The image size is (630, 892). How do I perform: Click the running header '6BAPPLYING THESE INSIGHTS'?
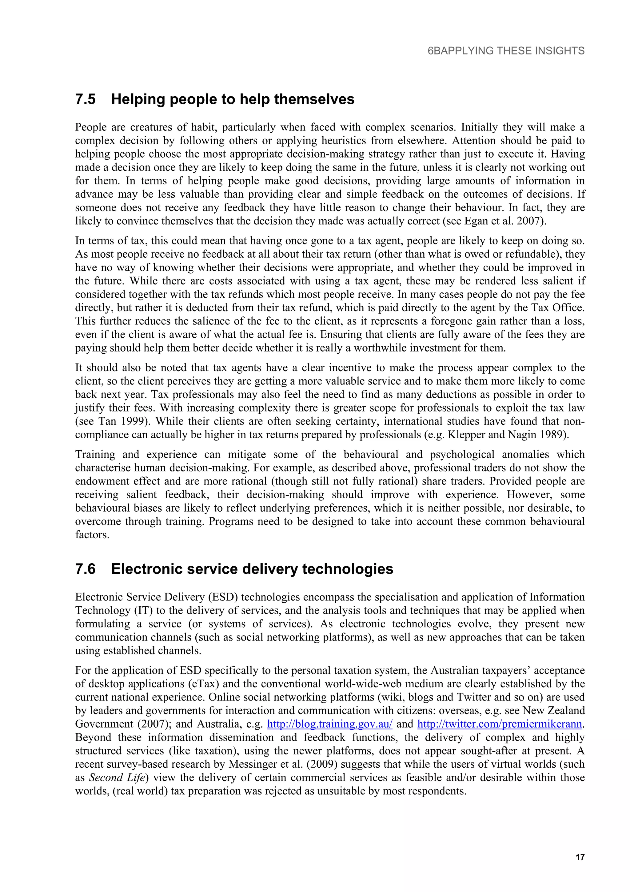pos(506,51)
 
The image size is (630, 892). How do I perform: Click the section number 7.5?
pos(86,99)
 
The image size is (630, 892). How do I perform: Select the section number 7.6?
pos(86,569)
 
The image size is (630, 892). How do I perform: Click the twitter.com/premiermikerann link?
pos(500,724)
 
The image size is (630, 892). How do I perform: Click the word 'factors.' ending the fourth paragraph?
pos(92,535)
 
